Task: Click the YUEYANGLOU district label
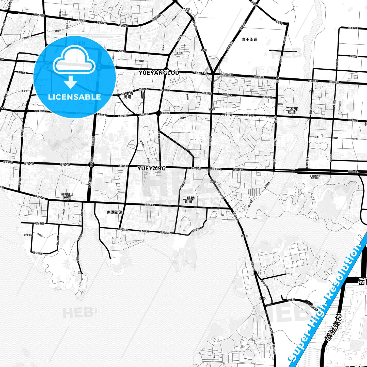coord(159,73)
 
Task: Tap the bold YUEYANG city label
coord(151,168)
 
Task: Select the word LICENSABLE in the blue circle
coord(74,97)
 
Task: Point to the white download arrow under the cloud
coord(71,82)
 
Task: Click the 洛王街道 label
coord(249,39)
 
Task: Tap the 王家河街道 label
coord(292,110)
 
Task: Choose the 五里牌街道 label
coord(127,95)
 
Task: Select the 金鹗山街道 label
coord(67,196)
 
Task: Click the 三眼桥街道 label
coord(189,200)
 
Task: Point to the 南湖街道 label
coord(115,212)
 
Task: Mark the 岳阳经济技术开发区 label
coord(315,177)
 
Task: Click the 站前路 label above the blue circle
coord(79,43)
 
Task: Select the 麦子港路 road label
coord(38,253)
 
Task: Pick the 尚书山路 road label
coord(197,229)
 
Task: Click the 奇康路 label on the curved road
coord(291,300)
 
